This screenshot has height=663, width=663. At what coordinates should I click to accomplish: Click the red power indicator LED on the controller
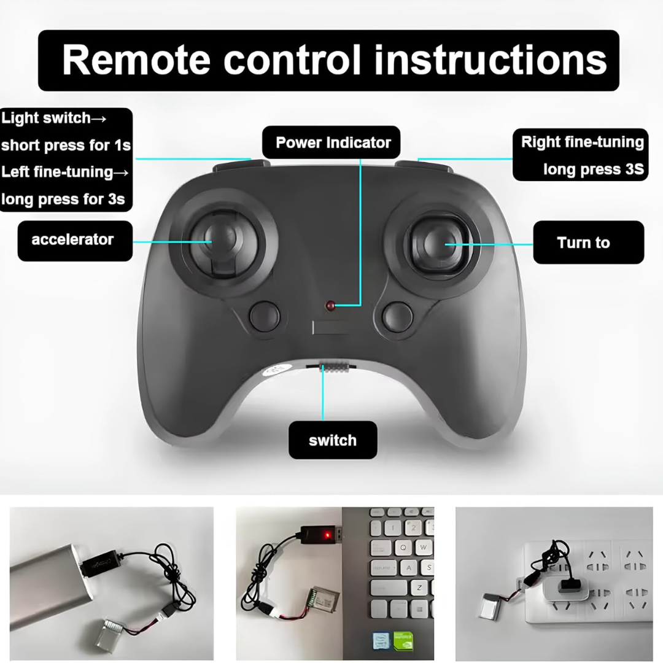(330, 305)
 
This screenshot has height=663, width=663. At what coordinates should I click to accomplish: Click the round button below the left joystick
(265, 316)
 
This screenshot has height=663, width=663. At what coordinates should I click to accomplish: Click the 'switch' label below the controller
(333, 440)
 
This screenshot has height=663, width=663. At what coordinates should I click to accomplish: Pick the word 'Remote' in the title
(136, 60)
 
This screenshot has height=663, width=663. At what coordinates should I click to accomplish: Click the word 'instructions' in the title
(490, 60)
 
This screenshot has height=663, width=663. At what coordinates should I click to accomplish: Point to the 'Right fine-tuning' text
(582, 142)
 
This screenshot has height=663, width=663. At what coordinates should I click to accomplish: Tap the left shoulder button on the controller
(241, 165)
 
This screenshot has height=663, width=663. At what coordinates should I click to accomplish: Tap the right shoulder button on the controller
(424, 165)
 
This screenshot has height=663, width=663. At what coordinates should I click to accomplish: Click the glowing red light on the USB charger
(327, 536)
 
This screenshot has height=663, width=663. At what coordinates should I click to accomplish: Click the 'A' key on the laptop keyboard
(408, 567)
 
